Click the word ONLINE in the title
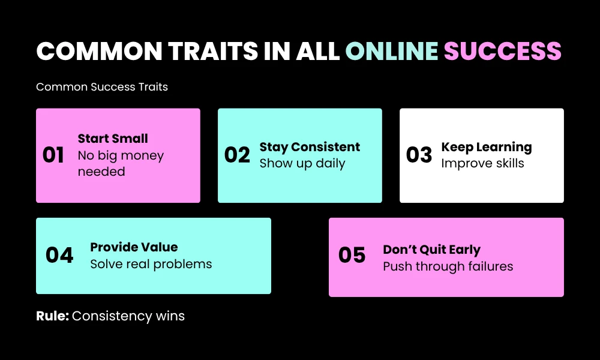point(392,52)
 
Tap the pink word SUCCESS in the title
point(502,52)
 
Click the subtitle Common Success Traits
point(102,87)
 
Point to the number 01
point(53,155)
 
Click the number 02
point(237,155)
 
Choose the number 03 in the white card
point(419,155)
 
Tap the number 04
point(59,255)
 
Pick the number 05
point(352,255)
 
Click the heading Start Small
point(113,139)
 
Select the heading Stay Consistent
point(310,147)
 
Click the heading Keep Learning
point(487,147)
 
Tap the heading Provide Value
point(134,247)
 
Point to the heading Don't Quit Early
point(431,250)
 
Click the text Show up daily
point(302,163)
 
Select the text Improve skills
point(483,163)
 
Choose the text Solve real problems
point(151,264)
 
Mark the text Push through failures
point(448,266)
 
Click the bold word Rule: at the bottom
point(52,316)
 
